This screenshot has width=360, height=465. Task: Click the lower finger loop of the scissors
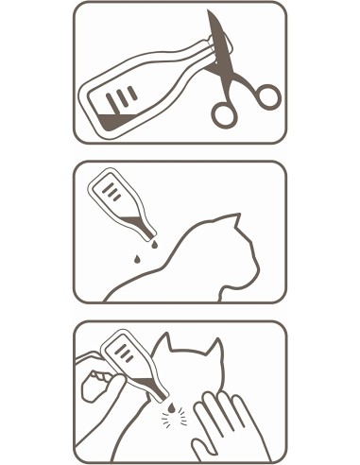(x=225, y=113)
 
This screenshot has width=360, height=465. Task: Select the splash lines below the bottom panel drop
(x=172, y=417)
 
